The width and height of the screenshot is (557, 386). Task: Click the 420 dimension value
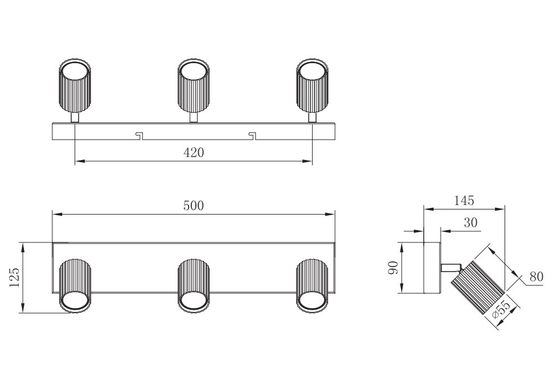tap(194, 153)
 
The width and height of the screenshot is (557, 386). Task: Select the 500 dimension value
tap(194, 206)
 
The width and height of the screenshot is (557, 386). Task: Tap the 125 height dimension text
tap(15, 277)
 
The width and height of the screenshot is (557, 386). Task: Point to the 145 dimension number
tap(464, 200)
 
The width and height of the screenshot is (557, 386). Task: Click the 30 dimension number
tap(470, 223)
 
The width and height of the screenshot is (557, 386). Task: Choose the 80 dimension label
tap(536, 277)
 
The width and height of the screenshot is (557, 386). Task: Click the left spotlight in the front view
tap(75, 285)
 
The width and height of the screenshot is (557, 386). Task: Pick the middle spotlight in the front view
tap(194, 285)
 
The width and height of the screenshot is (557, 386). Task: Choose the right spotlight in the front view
tap(312, 285)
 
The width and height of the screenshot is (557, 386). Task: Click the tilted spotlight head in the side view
tap(478, 288)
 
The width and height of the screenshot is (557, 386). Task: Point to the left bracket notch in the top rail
tap(138, 135)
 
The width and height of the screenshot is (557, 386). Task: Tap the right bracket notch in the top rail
tap(252, 135)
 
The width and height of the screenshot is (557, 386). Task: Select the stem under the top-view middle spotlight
tap(194, 117)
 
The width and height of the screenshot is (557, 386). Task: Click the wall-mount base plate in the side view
tap(432, 268)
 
